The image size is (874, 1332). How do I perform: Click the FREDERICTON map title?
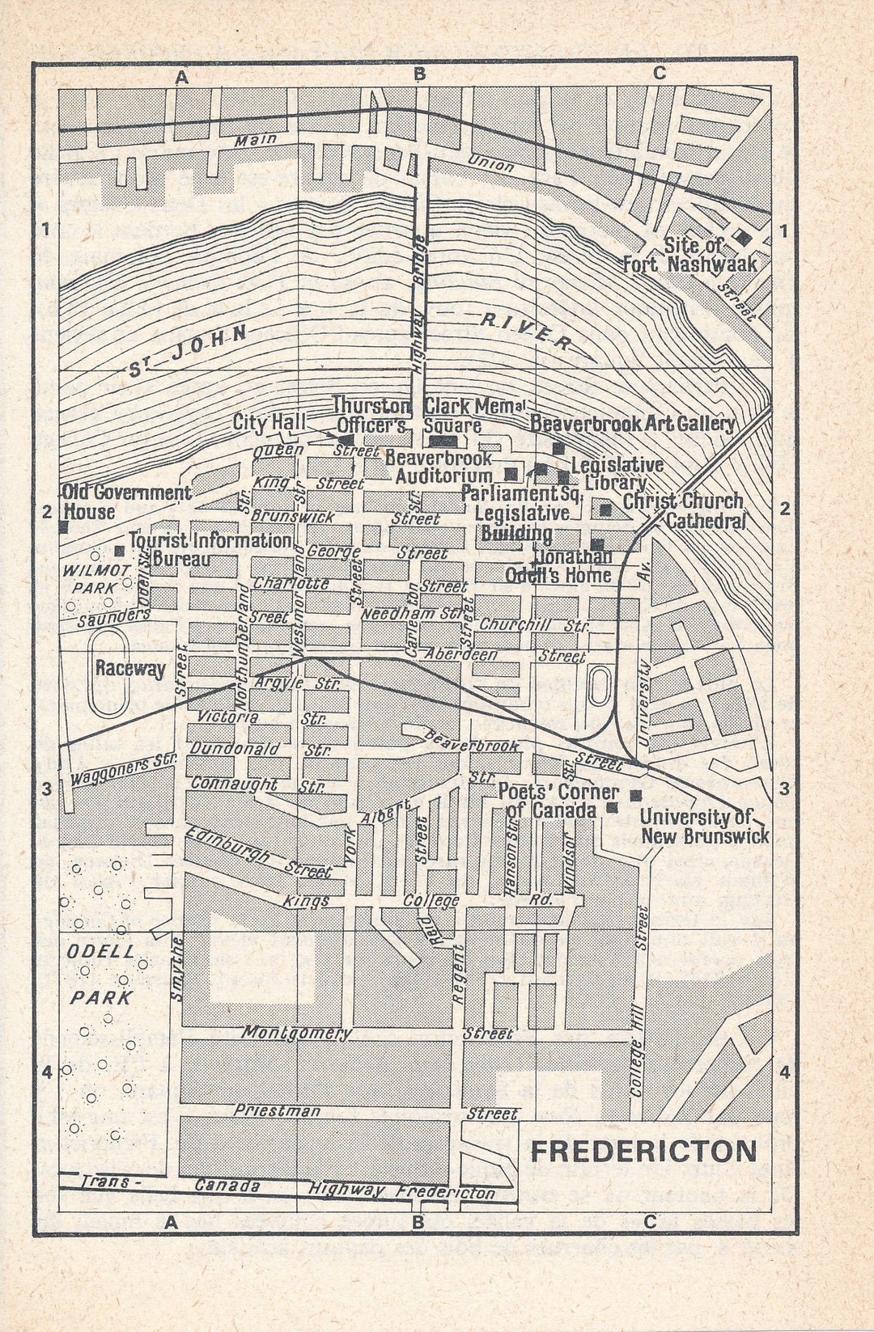[x=643, y=1151]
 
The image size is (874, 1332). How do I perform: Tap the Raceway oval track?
[x=108, y=673]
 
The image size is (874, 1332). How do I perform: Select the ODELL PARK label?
[x=100, y=975]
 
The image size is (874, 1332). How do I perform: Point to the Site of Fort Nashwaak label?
[x=689, y=255]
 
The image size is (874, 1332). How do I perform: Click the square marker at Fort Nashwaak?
[x=741, y=238]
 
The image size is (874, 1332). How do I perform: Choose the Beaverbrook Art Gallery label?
[x=632, y=423]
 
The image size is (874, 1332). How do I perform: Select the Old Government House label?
[x=125, y=502]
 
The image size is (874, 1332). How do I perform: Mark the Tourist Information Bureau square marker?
[x=120, y=551]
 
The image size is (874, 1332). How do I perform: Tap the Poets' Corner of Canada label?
[x=557, y=801]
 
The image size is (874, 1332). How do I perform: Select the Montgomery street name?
[x=296, y=1033]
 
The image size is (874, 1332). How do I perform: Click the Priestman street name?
[x=277, y=1110]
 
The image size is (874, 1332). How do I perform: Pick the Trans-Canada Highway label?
[x=287, y=1188]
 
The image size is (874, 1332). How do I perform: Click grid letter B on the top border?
[x=419, y=74]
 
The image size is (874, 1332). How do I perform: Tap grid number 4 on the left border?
[x=46, y=1072]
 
